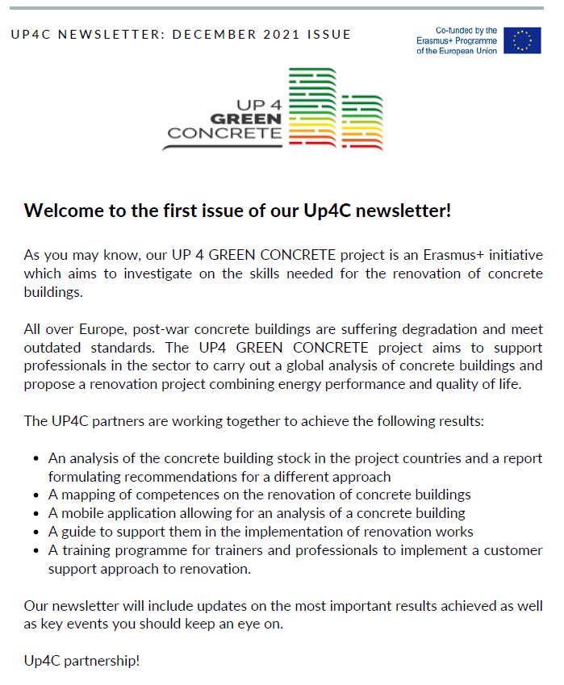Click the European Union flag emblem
click(x=522, y=40)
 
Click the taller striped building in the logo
click(x=311, y=108)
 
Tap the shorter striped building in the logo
click(x=361, y=123)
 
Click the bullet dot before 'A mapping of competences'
click(x=36, y=495)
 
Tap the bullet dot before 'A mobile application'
click(x=36, y=513)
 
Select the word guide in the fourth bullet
click(x=79, y=532)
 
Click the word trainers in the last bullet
click(x=246, y=551)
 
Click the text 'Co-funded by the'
click(x=466, y=30)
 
